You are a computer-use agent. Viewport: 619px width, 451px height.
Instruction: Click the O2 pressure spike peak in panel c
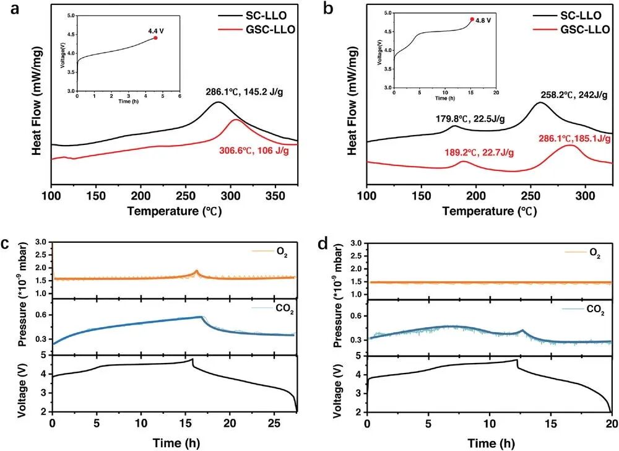click(196, 271)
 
